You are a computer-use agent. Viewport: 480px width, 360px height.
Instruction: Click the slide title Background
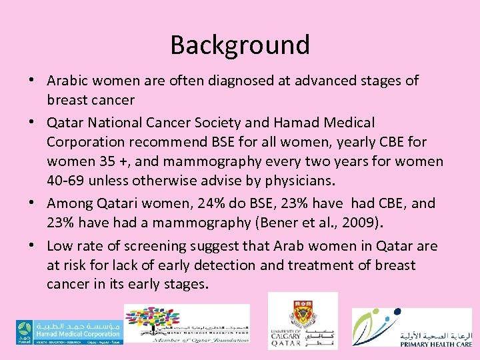(240, 45)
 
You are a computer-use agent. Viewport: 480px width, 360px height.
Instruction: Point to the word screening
(132, 246)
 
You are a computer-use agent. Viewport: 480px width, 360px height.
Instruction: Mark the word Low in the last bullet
(60, 246)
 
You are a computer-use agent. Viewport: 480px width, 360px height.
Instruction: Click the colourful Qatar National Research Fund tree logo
(187, 324)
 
